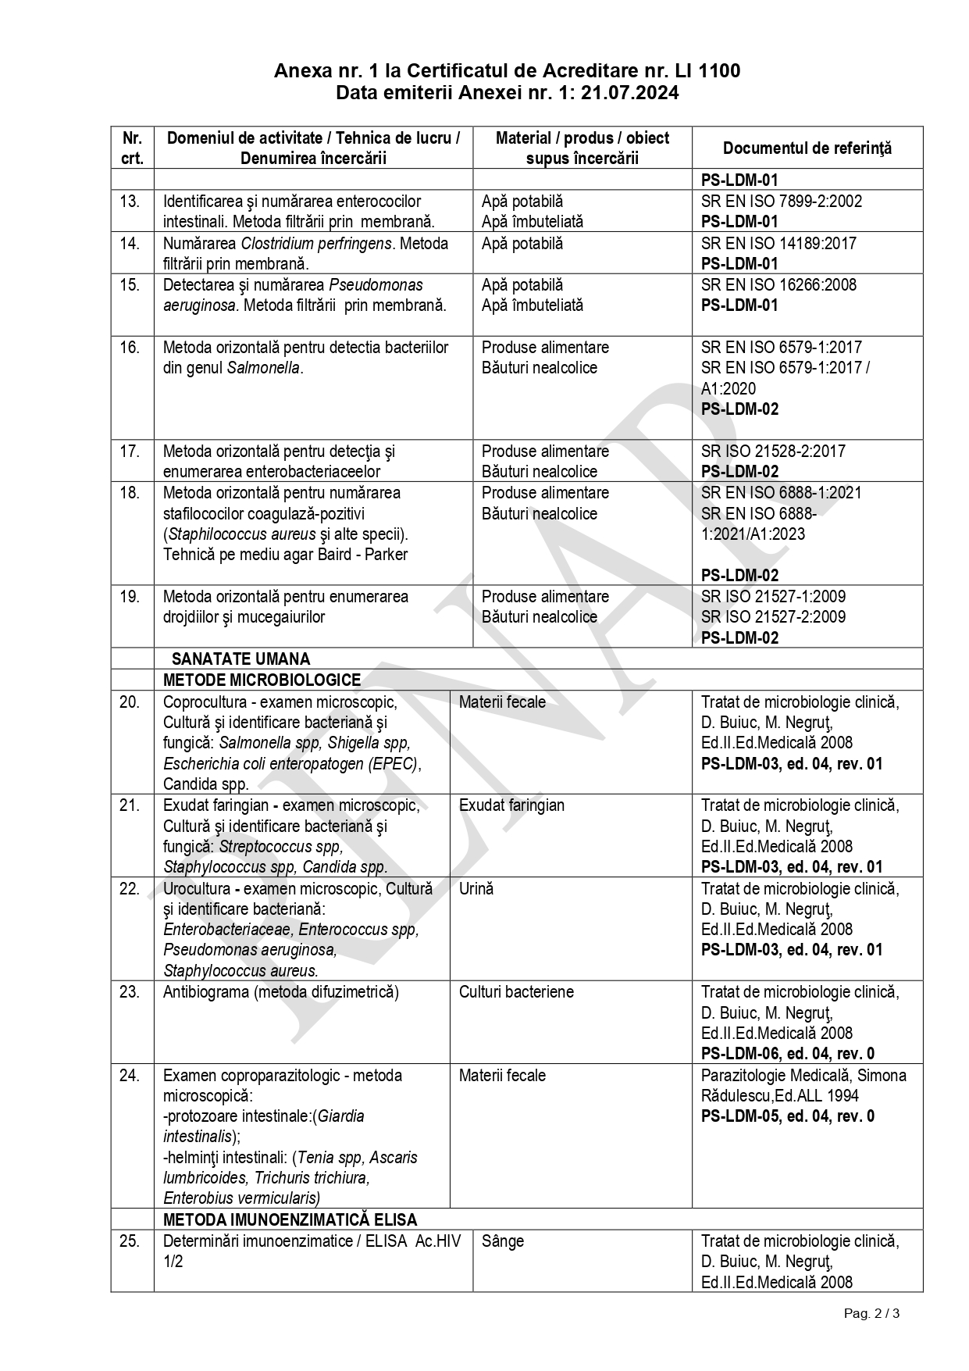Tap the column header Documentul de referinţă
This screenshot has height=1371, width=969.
[807, 148]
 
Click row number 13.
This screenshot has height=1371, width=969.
[130, 202]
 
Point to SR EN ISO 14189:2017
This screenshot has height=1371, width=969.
[778, 243]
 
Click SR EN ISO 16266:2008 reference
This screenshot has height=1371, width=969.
[778, 284]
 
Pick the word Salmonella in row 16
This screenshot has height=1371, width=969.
[263, 368]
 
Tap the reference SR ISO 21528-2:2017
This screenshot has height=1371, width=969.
[773, 451]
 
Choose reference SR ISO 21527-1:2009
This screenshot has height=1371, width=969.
[773, 596]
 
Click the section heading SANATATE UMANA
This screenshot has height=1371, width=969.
[240, 659]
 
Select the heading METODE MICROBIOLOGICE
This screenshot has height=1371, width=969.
[262, 680]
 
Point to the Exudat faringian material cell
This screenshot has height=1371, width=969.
[511, 805]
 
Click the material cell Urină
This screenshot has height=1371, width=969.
[476, 888]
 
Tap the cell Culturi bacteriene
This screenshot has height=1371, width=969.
[516, 992]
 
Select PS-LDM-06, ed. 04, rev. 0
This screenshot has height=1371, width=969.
[787, 1053]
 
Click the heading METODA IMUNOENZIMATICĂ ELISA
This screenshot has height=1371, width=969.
[290, 1219]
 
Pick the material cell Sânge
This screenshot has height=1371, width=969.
[503, 1241]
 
